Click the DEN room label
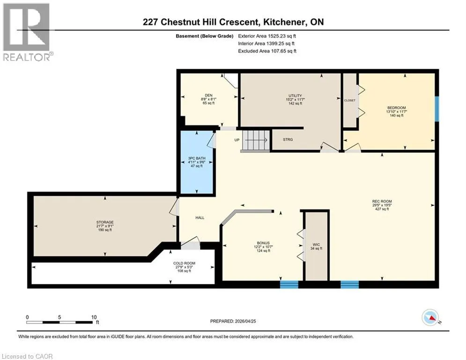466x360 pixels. click(x=208, y=95)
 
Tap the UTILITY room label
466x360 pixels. click(x=295, y=96)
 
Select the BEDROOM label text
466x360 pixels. click(x=397, y=108)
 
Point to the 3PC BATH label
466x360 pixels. click(x=196, y=158)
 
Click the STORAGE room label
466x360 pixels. click(x=105, y=222)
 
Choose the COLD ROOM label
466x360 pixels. click(x=184, y=263)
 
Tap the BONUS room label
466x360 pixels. click(x=263, y=243)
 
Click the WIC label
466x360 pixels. click(x=316, y=245)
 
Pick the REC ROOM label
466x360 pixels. click(x=382, y=202)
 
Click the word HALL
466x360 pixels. click(x=200, y=218)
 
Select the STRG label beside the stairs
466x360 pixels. click(x=288, y=140)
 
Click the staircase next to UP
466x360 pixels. click(x=255, y=140)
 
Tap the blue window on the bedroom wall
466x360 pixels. click(x=437, y=109)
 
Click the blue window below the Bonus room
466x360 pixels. click(x=289, y=285)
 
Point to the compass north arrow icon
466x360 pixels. click(x=430, y=317)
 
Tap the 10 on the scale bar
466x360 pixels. click(x=94, y=317)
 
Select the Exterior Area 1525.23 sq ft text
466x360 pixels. click(x=267, y=36)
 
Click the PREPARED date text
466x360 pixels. click(x=233, y=321)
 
